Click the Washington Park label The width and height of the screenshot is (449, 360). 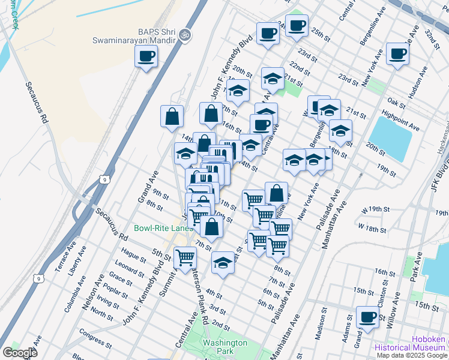(224, 347)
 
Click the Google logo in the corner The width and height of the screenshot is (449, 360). (19, 353)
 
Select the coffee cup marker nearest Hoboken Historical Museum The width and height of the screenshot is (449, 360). (367, 316)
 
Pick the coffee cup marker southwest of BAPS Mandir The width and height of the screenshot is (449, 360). (146, 56)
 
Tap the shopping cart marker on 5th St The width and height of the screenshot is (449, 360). (185, 257)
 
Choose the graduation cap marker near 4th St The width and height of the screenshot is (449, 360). (223, 262)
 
